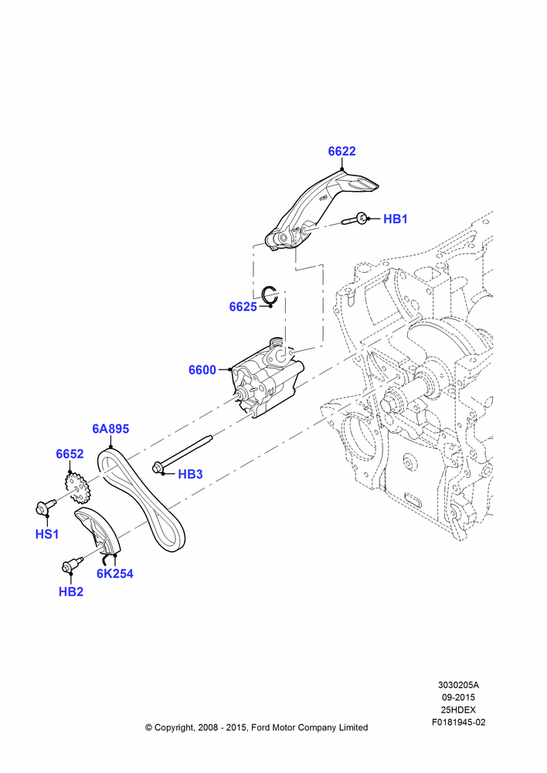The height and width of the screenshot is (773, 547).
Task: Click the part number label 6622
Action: pyautogui.click(x=341, y=152)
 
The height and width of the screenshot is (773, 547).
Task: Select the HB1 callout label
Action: pyautogui.click(x=396, y=219)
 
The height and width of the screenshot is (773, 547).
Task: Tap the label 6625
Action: pyautogui.click(x=243, y=307)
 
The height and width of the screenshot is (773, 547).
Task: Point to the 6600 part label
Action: pyautogui.click(x=202, y=369)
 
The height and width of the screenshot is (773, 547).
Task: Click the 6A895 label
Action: pyautogui.click(x=110, y=429)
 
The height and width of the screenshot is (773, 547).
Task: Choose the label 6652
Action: pyautogui.click(x=70, y=454)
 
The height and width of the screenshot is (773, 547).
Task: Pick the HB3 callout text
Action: pyautogui.click(x=190, y=475)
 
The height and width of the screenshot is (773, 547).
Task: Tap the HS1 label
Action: pyautogui.click(x=47, y=534)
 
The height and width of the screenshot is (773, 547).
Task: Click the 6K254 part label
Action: pyautogui.click(x=115, y=574)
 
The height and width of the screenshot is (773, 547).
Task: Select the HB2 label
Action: pyautogui.click(x=71, y=591)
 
